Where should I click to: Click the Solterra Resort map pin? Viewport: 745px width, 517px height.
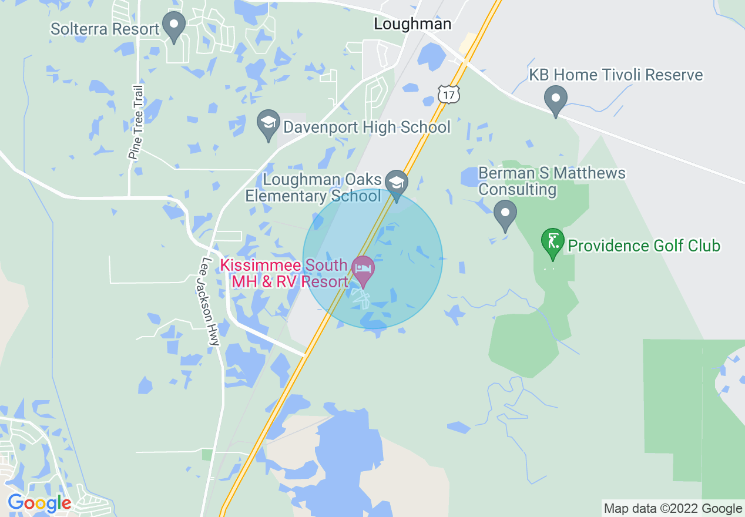(x=174, y=26)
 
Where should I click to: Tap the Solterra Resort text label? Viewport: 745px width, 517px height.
(x=105, y=29)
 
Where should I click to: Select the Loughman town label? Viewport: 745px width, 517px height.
(x=413, y=24)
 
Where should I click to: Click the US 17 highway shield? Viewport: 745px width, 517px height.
(x=448, y=93)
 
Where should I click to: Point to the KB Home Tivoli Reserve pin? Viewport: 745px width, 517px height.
(x=555, y=99)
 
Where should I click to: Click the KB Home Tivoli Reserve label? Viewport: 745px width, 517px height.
(x=616, y=75)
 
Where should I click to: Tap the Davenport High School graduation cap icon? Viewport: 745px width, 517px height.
(x=269, y=124)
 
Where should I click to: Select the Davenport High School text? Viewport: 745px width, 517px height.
(x=367, y=127)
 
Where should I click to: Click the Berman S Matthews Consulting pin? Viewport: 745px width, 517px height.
(x=505, y=214)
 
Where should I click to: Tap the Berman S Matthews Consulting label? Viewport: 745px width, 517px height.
(x=552, y=182)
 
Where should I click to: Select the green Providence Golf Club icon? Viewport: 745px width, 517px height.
(x=552, y=242)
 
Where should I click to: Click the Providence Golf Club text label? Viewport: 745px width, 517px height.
(x=644, y=246)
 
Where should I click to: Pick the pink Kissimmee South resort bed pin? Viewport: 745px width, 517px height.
(x=363, y=270)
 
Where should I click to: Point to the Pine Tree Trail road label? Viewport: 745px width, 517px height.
(x=136, y=122)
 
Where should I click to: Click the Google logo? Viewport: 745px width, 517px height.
(x=39, y=503)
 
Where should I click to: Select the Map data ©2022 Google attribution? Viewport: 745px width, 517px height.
(x=673, y=509)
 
